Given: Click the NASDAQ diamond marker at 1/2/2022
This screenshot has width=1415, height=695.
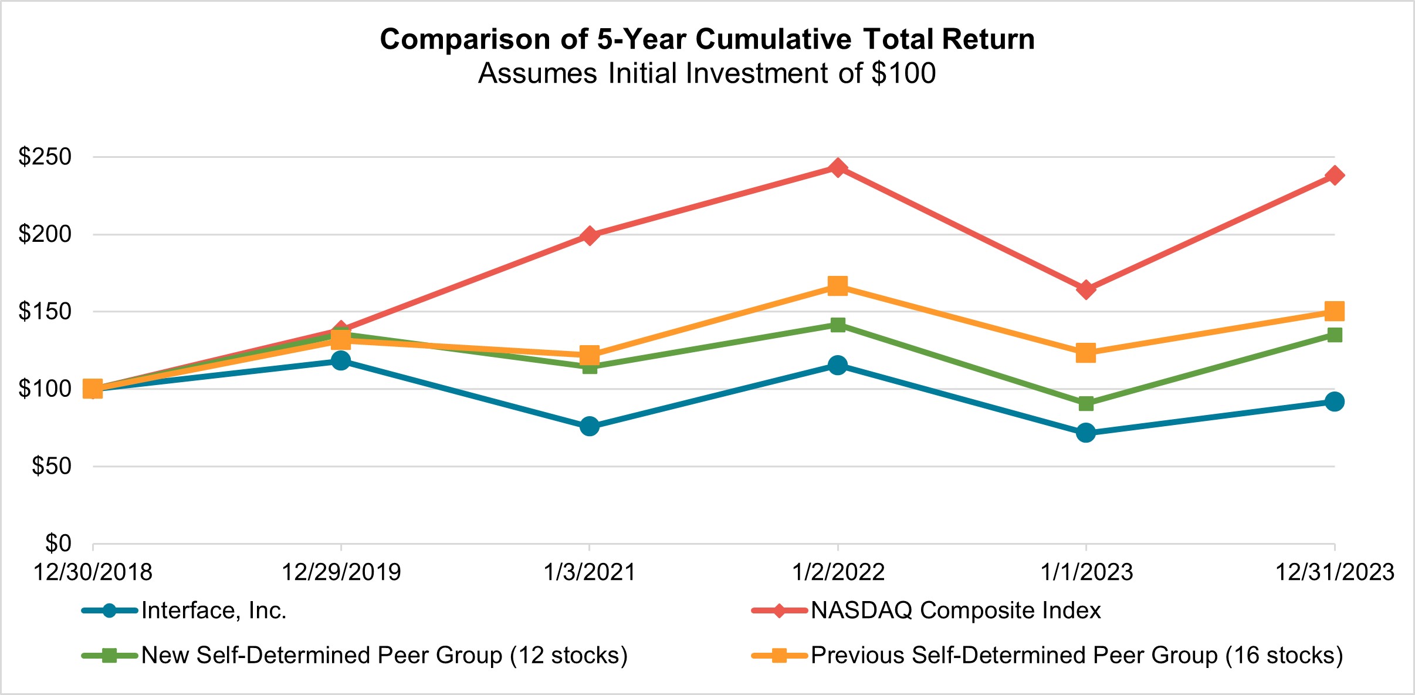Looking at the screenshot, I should [x=838, y=168].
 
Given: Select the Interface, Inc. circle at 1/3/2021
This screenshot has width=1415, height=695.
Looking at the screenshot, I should [x=590, y=426].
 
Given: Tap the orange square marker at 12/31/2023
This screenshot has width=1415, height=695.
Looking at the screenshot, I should [x=1335, y=311].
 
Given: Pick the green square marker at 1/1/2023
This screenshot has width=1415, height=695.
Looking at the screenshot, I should [x=1086, y=404].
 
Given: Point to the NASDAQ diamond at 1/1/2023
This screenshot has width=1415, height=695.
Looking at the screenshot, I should [x=1086, y=289].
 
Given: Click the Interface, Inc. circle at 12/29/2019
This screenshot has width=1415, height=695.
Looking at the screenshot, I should [x=341, y=360].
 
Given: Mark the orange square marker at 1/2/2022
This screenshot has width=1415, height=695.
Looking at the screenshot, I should [x=838, y=286].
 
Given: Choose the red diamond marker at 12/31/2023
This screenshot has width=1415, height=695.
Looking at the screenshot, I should [x=1335, y=176].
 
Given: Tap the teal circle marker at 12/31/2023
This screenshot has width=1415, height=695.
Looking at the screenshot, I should [x=1335, y=402].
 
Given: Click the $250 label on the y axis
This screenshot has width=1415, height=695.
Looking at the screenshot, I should [x=45, y=157].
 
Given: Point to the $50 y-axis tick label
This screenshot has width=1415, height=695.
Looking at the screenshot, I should [x=52, y=466].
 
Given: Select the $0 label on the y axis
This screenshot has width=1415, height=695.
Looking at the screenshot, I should [x=58, y=543].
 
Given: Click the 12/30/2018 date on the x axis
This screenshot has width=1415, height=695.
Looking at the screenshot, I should [x=93, y=572].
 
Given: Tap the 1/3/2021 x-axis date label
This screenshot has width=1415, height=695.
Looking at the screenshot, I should [x=590, y=572].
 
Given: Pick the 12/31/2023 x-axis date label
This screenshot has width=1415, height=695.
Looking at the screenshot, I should [x=1335, y=572].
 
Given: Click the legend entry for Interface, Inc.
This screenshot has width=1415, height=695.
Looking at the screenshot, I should [x=214, y=611].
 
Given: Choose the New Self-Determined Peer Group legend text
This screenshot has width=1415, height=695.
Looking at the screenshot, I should [x=384, y=656].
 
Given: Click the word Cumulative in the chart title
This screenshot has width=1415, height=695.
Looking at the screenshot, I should [x=773, y=40].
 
